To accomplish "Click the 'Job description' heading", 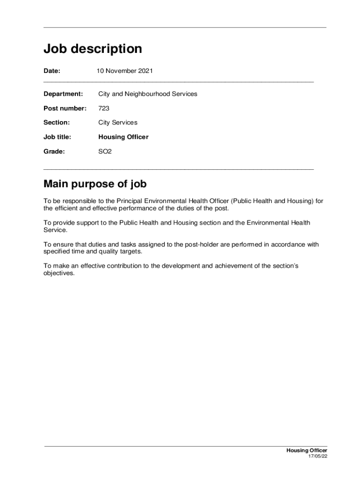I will click(x=93, y=49).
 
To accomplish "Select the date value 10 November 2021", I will click(x=124, y=71).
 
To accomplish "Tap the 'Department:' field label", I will click(x=63, y=94).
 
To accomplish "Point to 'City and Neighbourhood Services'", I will click(x=148, y=94).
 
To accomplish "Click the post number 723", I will click(x=104, y=109).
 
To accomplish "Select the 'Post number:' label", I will click(x=65, y=109).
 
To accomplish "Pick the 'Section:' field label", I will click(x=57, y=123).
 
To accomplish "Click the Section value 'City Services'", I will click(x=118, y=123).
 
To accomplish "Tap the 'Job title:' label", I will click(x=58, y=137).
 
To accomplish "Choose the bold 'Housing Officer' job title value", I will click(x=123, y=137).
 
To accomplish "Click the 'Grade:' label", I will click(x=54, y=152).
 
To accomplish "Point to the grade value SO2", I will click(x=105, y=152).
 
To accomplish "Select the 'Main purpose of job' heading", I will click(x=95, y=184).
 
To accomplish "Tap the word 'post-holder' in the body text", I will click(x=203, y=244).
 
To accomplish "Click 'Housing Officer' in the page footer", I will click(x=307, y=450).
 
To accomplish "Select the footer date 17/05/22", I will click(x=317, y=457).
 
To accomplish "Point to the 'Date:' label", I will click(x=52, y=71).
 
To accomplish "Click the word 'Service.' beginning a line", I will click(x=56, y=230).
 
